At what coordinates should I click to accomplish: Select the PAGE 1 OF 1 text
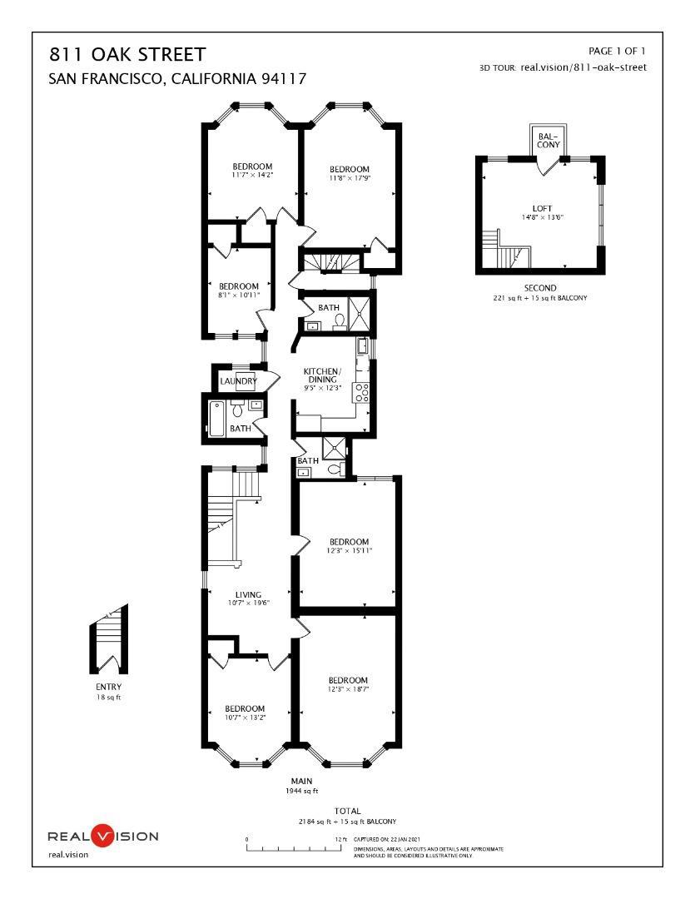(617, 52)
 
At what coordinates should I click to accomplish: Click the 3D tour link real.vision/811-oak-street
(583, 67)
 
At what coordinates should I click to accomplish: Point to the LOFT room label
(542, 209)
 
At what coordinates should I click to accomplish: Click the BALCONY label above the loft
(547, 140)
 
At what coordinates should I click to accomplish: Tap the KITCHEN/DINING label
(320, 375)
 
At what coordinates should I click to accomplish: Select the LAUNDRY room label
(237, 381)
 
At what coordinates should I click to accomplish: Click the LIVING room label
(248, 595)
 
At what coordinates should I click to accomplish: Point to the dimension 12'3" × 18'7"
(348, 689)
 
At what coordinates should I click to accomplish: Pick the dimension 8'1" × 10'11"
(239, 295)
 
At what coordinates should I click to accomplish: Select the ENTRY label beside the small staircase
(108, 687)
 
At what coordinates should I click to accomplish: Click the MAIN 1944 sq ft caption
(301, 786)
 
